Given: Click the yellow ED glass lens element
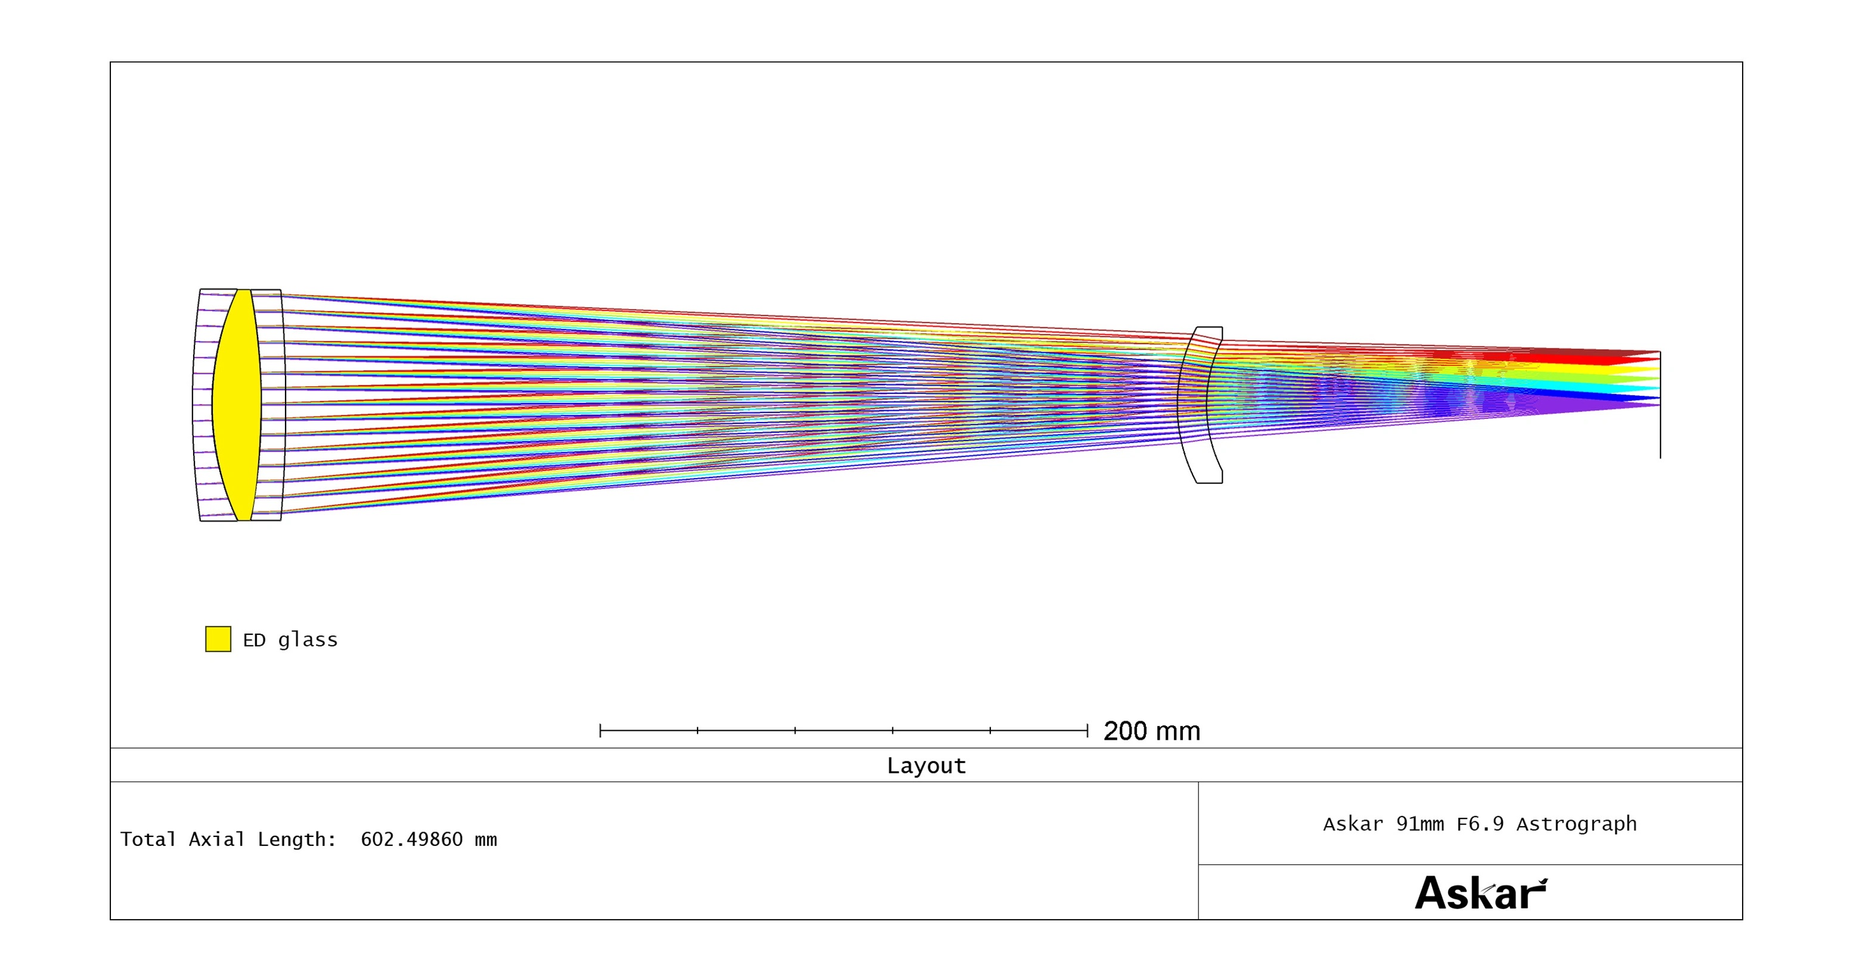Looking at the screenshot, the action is (x=237, y=404).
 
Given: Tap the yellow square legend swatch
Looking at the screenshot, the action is (x=218, y=639).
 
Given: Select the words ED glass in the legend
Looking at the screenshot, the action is (x=290, y=640).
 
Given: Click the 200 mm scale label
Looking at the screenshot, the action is (x=1152, y=731).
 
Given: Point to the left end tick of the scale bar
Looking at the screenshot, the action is (x=600, y=731).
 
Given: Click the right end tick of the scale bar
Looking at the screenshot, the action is (x=1087, y=731).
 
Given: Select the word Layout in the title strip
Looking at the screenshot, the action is (x=926, y=765).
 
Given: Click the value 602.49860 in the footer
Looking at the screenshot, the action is (x=411, y=839).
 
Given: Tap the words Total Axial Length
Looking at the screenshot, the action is (x=227, y=839).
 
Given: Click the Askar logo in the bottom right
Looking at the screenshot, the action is (x=1481, y=893).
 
